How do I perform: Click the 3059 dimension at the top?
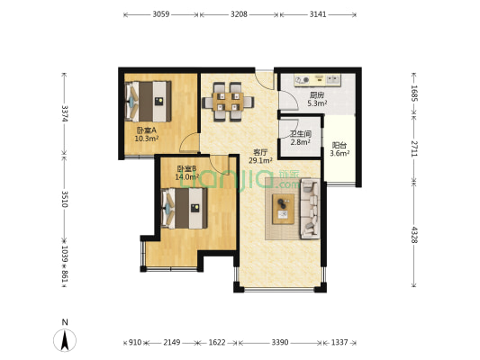tap(161, 14)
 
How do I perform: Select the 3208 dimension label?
tap(239, 14)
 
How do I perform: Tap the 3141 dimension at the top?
tap(318, 14)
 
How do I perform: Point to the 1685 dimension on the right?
tap(414, 93)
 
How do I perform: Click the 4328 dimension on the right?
tap(414, 235)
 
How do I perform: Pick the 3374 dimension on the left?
tap(65, 113)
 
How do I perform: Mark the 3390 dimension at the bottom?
tap(280, 342)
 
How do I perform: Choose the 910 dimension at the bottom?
tap(135, 342)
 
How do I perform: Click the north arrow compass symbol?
tap(65, 340)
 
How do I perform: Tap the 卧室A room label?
tap(146, 130)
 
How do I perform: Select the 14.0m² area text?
tap(187, 176)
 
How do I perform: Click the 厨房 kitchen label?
tap(317, 95)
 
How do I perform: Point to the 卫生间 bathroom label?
tap(301, 134)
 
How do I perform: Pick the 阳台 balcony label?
tap(340, 146)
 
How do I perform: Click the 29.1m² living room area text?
tap(260, 160)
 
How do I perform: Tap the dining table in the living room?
tap(228, 102)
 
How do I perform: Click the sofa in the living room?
tap(310, 209)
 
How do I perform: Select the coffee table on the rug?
tap(283, 209)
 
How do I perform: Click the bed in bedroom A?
tap(149, 101)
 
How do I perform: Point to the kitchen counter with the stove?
tap(318, 80)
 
